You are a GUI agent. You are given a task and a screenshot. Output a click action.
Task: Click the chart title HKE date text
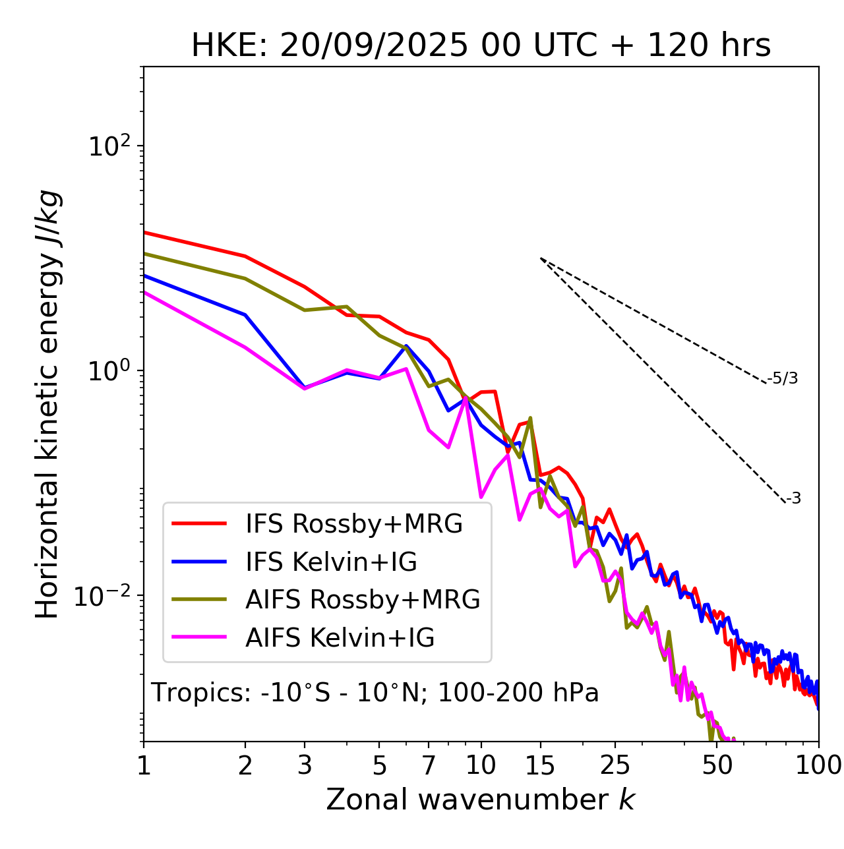pyautogui.click(x=481, y=46)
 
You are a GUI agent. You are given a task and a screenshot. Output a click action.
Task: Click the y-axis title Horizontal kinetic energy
pyautogui.click(x=48, y=404)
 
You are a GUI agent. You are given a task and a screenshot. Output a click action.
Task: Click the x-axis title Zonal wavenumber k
pyautogui.click(x=480, y=799)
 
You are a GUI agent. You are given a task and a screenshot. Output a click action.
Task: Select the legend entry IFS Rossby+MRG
pyautogui.click(x=353, y=524)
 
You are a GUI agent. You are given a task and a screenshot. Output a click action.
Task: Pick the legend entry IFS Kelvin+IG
pyautogui.click(x=331, y=562)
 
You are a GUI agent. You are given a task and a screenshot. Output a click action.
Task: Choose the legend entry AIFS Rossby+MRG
pyautogui.click(x=363, y=600)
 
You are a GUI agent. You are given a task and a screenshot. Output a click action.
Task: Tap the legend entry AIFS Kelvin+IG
pyautogui.click(x=340, y=638)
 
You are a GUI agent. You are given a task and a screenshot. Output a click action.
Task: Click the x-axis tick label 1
pyautogui.click(x=144, y=765)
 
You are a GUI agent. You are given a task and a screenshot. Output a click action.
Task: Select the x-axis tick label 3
pyautogui.click(x=305, y=765)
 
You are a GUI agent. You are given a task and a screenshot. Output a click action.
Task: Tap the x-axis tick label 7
pyautogui.click(x=429, y=765)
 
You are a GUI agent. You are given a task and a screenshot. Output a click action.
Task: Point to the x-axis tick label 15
pyautogui.click(x=540, y=765)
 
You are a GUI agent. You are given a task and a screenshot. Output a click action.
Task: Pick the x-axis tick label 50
pyautogui.click(x=717, y=765)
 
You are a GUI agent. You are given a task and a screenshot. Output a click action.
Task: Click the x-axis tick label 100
pyautogui.click(x=818, y=765)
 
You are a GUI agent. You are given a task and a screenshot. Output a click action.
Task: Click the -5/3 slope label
pyautogui.click(x=783, y=379)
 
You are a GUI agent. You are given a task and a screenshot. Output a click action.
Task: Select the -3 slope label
pyautogui.click(x=793, y=499)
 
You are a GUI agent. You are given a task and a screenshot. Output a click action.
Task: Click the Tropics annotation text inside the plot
pyautogui.click(x=375, y=693)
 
